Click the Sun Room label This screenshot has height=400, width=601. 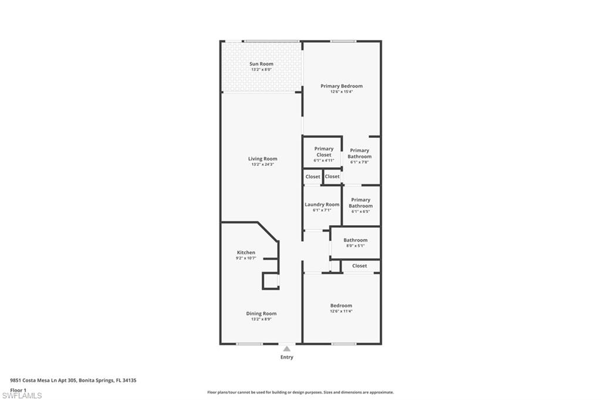click(x=261, y=64)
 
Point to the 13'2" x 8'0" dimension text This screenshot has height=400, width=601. click(x=261, y=70)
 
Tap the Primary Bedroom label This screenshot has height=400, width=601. click(x=342, y=86)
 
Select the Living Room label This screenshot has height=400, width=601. click(x=262, y=158)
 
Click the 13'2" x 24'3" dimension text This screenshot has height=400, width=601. click(x=262, y=164)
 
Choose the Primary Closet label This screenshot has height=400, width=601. click(x=323, y=151)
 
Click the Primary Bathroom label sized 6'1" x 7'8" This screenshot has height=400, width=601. click(x=360, y=153)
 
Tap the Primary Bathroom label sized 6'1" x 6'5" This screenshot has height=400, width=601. click(x=360, y=203)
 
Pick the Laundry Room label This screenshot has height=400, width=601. click(x=322, y=205)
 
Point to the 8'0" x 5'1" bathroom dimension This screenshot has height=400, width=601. click(x=355, y=246)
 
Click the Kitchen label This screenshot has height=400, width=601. click(x=246, y=252)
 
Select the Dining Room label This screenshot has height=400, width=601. click(x=261, y=313)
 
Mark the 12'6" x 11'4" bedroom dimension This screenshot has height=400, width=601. click(x=341, y=311)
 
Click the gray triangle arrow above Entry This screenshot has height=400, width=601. click(x=286, y=348)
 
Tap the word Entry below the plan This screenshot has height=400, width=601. click(x=286, y=357)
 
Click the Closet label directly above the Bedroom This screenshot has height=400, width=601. click(x=360, y=266)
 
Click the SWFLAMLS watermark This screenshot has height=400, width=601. click(x=22, y=395)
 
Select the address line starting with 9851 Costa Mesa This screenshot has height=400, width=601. click(x=73, y=380)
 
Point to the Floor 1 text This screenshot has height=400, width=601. click(x=19, y=389)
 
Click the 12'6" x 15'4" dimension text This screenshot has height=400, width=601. click(x=342, y=91)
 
